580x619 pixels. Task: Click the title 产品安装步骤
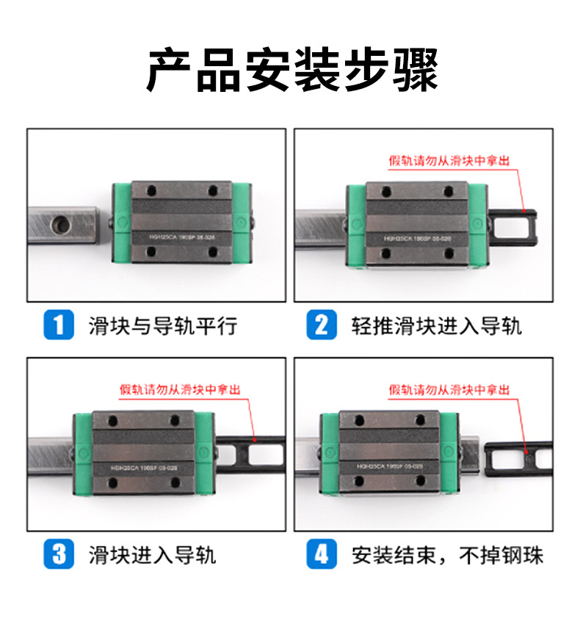click(291, 71)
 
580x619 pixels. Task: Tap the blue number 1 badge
click(59, 325)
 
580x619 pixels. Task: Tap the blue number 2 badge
click(321, 325)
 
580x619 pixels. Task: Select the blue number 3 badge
click(59, 554)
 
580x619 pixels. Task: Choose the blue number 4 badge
click(321, 554)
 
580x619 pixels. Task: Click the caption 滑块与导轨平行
click(162, 325)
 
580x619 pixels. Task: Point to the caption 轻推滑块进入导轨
click(436, 325)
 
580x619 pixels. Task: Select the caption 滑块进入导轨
click(152, 554)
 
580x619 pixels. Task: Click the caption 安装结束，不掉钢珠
click(448, 554)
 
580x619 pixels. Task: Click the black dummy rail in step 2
click(514, 221)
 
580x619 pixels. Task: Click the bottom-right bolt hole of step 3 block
click(175, 482)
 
